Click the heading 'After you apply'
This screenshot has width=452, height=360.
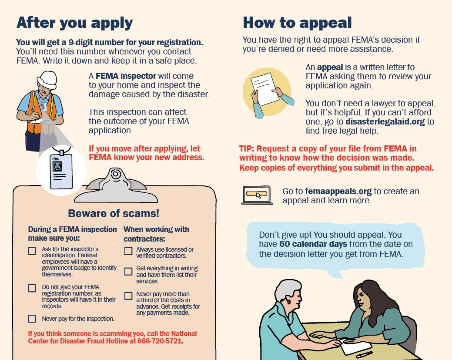[74, 22]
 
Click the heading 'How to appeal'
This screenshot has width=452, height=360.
[297, 22]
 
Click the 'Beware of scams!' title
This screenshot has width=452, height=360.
[114, 213]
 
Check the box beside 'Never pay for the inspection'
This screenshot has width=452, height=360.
[32, 319]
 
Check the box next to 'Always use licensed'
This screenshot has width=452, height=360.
[128, 251]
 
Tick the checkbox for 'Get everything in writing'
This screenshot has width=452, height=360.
[128, 272]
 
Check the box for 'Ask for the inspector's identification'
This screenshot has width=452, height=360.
[32, 251]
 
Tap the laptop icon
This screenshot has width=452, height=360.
[257, 195]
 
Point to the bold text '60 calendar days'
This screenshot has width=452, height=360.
[313, 244]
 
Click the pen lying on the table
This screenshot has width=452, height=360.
[364, 354]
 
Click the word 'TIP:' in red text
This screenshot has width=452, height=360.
[249, 149]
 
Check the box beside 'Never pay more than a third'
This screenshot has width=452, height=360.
[128, 296]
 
